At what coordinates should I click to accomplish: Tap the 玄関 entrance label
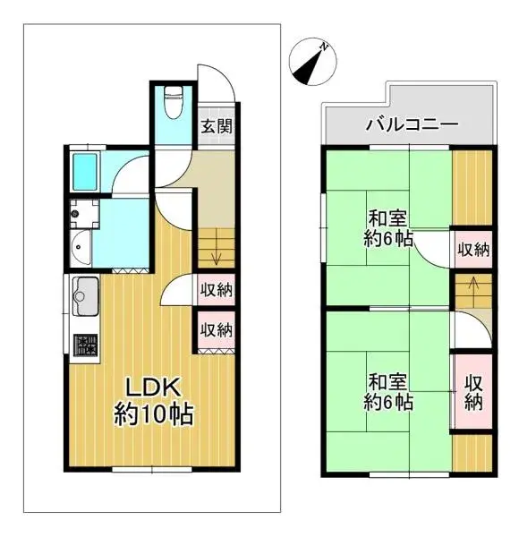point(216,125)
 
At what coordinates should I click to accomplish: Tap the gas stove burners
point(85,345)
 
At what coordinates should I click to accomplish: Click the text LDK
point(153,388)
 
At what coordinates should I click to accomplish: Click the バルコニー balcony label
point(411,124)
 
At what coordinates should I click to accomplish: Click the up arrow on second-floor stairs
point(467,291)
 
